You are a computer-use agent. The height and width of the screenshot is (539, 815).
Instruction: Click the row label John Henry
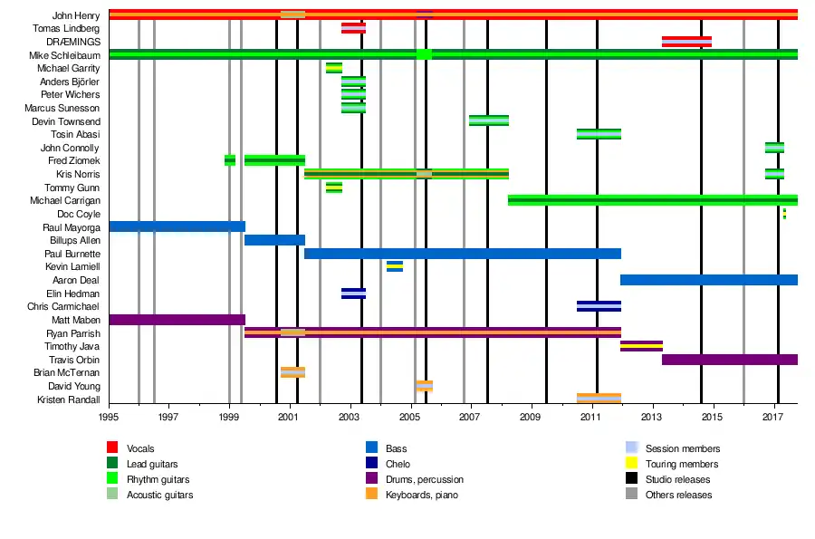[76, 15]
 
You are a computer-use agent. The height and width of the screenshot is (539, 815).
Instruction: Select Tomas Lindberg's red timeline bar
[353, 28]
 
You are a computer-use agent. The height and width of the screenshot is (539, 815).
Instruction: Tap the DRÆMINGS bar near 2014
[686, 42]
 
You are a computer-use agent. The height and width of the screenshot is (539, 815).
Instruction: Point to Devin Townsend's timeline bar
[489, 120]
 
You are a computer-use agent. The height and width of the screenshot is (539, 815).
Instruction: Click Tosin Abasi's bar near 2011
[599, 134]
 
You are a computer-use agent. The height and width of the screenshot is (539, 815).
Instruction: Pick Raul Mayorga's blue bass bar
[177, 226]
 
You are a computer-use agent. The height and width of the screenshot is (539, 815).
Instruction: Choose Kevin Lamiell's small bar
[395, 266]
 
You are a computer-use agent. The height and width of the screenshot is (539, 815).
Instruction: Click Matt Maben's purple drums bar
[177, 320]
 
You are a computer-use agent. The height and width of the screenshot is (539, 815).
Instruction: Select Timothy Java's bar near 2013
[641, 346]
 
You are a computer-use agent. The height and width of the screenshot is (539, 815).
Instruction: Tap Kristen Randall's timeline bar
[599, 399]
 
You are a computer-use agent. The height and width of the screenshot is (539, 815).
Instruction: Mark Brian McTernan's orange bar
[292, 372]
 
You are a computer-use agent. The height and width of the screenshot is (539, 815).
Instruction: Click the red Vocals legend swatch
[112, 448]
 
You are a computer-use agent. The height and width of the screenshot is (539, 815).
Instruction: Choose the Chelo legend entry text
[398, 464]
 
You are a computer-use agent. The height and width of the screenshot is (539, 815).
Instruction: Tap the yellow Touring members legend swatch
[632, 464]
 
